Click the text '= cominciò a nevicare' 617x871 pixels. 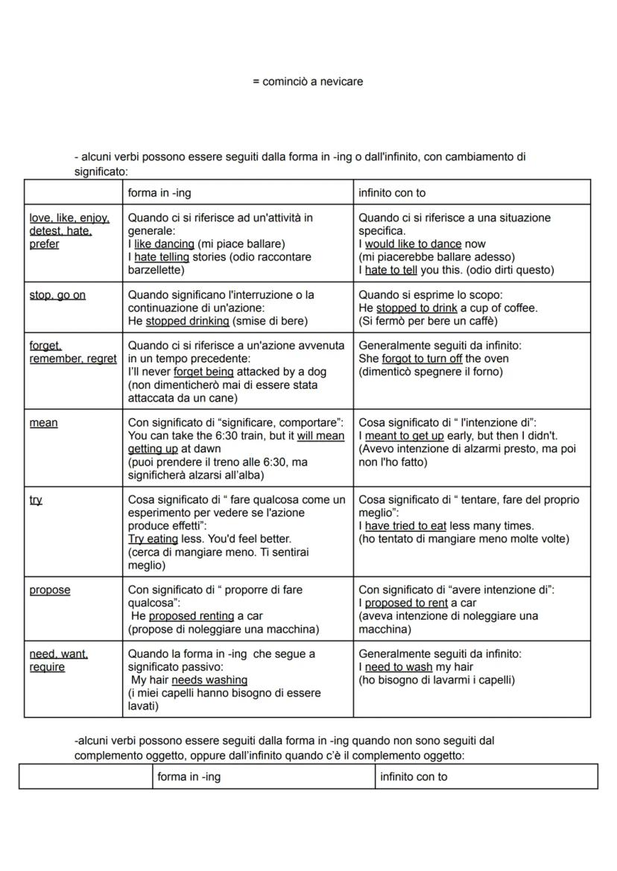coord(308,81)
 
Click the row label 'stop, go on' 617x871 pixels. coord(57,295)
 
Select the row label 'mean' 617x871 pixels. coord(43,422)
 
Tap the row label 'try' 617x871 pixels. coord(36,500)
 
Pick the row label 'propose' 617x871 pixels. coord(50,590)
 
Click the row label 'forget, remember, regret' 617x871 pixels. coord(72,352)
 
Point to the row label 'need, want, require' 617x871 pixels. coord(58,660)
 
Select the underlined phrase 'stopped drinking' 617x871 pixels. coord(187,321)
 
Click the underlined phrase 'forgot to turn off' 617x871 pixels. coord(422,358)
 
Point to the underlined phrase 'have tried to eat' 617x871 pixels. coord(405,525)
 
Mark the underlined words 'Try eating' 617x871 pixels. coord(153,538)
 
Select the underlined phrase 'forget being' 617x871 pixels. coord(203,372)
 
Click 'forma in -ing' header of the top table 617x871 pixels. coord(159,193)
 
